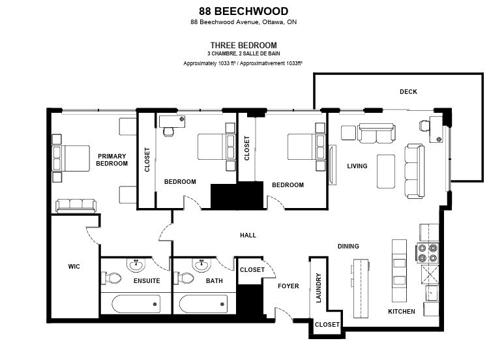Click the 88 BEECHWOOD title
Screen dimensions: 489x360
pyautogui.click(x=243, y=11)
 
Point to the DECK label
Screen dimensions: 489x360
pyautogui.click(x=408, y=92)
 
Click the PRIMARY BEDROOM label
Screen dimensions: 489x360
pyautogui.click(x=111, y=160)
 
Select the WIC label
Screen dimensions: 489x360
pyautogui.click(x=74, y=266)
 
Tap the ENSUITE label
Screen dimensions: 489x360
pyautogui.click(x=146, y=281)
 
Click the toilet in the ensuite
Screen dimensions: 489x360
pyautogui.click(x=112, y=278)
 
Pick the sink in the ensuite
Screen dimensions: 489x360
pyautogui.click(x=137, y=265)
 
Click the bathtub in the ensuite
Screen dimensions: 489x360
pyautogui.click(x=136, y=305)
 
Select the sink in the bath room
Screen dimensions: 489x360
pyautogui.click(x=201, y=265)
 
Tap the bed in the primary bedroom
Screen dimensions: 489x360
pyautogui.click(x=71, y=158)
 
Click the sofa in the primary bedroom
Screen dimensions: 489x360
pyautogui.click(x=76, y=205)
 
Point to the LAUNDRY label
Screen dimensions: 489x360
pyautogui.click(x=319, y=288)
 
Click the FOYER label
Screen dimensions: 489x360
pyautogui.click(x=288, y=286)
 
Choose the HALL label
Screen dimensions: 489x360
pyautogui.click(x=248, y=235)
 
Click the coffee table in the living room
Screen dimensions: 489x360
pyautogui.click(x=386, y=171)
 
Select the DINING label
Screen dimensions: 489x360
pyautogui.click(x=348, y=246)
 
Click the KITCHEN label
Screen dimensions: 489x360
pyautogui.click(x=402, y=311)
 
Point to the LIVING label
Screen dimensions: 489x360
pyautogui.click(x=357, y=166)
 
